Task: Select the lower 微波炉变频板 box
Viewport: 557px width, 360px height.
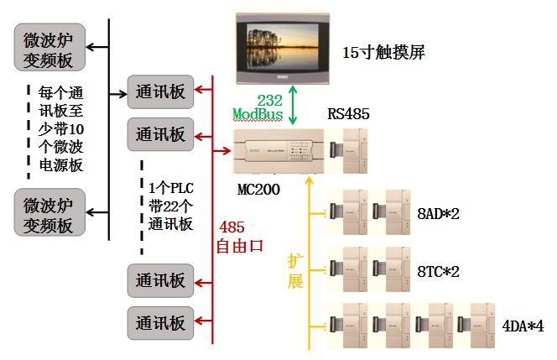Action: (49, 213)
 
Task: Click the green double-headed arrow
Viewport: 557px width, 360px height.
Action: (292, 107)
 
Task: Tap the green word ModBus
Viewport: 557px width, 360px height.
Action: (258, 113)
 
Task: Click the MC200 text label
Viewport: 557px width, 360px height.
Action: (258, 190)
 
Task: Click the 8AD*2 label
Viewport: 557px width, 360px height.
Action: (439, 213)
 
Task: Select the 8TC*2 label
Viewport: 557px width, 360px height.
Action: (439, 271)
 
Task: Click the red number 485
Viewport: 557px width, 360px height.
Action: (232, 227)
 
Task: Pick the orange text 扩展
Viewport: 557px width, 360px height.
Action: (295, 270)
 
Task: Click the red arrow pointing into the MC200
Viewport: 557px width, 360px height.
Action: (222, 152)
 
